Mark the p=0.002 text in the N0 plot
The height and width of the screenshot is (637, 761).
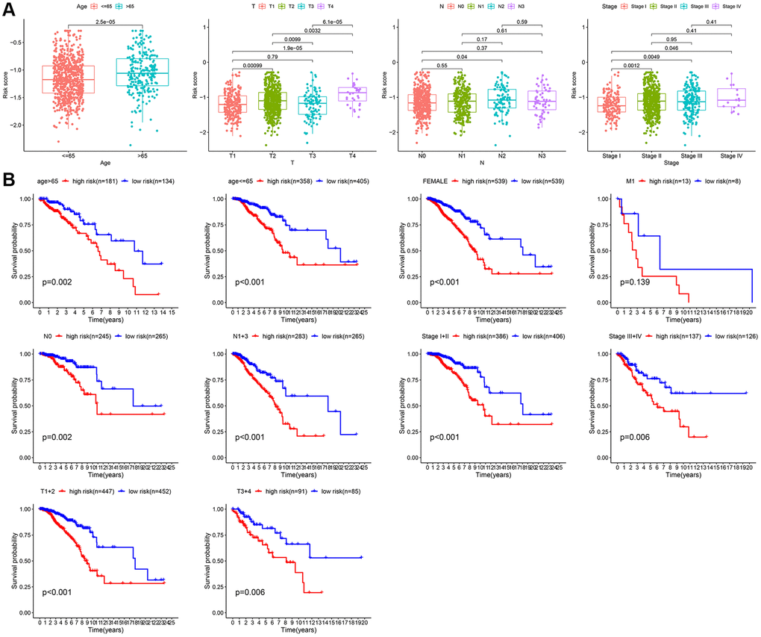(x=57, y=435)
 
